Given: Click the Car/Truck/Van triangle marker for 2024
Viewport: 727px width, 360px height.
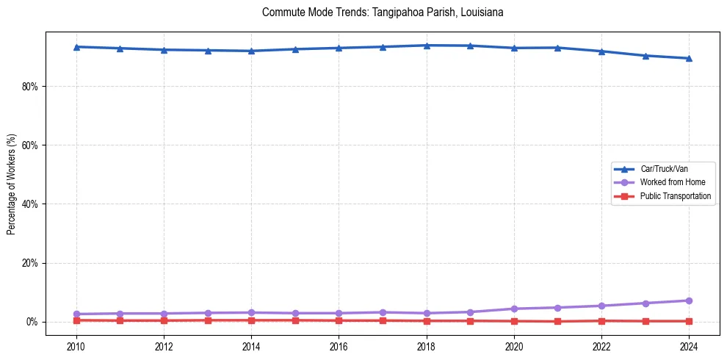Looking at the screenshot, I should coord(689,58).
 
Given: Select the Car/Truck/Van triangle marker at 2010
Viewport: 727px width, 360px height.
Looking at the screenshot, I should coord(76,46).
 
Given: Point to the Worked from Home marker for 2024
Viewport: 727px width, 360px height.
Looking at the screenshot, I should coord(689,300).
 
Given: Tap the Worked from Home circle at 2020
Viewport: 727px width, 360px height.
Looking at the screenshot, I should coord(514,309).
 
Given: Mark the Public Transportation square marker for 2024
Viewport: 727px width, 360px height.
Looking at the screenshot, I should coord(689,321).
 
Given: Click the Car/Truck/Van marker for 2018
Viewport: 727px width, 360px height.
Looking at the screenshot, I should coord(427,45).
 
